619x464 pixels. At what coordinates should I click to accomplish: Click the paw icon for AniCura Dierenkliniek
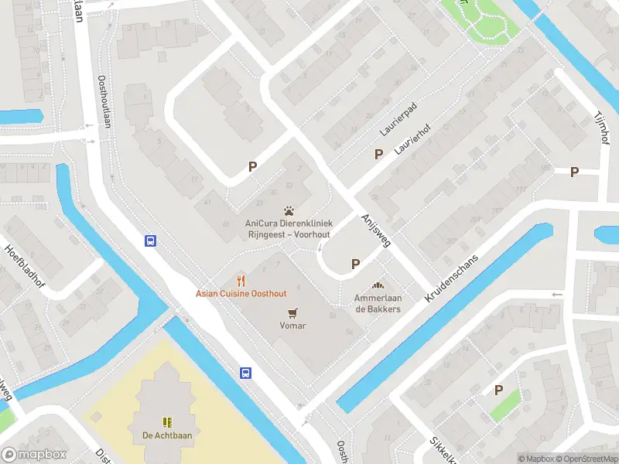pos(289,210)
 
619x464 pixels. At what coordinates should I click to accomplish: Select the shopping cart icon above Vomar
pos(292,312)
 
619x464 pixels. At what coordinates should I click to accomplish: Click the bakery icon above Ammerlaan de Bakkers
pos(378,285)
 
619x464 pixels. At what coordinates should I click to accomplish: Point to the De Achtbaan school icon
pos(166,421)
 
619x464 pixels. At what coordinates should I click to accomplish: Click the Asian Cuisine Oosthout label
pos(241,294)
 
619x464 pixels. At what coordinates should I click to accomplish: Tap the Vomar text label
pos(292,326)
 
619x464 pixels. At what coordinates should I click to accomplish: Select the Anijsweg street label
pos(376,231)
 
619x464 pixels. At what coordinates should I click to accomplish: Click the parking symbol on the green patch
pos(499,391)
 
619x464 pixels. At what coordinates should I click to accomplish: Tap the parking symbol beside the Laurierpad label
pos(378,154)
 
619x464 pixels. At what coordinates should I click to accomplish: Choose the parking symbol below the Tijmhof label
pos(574,172)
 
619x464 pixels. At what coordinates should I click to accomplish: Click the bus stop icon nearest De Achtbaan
pos(246,373)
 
